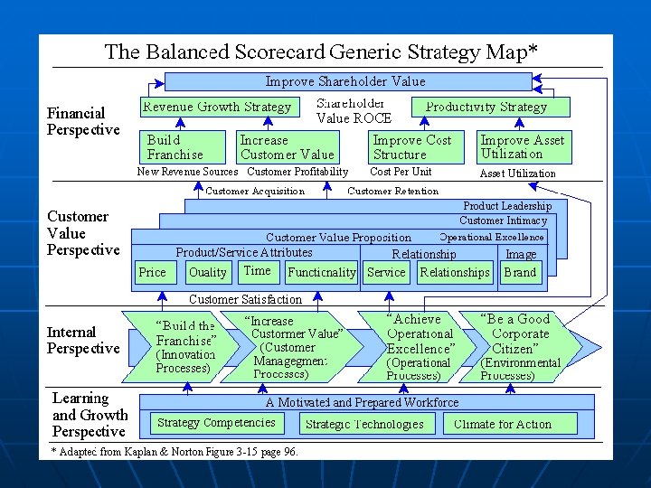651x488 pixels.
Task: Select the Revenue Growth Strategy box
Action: click(217, 107)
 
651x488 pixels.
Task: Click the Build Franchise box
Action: click(185, 146)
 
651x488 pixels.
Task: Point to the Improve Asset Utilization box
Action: click(523, 146)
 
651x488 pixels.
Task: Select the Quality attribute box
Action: click(208, 272)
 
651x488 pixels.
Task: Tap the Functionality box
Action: click(321, 272)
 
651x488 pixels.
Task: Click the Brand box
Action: click(520, 272)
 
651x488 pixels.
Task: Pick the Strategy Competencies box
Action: click(215, 423)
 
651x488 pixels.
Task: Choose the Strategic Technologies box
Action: click(364, 424)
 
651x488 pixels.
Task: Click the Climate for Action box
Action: click(502, 424)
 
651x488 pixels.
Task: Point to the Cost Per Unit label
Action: click(401, 172)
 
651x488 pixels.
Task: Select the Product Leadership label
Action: click(506, 206)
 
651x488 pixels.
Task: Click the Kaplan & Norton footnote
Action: click(175, 451)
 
